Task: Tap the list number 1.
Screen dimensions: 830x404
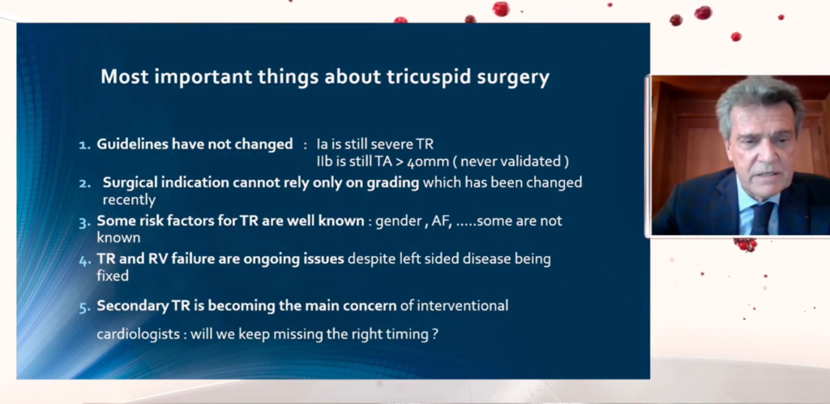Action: (84, 144)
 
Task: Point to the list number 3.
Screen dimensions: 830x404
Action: (85, 221)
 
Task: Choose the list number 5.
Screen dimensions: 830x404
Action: (85, 307)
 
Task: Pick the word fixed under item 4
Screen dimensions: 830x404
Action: (113, 275)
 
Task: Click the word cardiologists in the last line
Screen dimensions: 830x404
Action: (138, 334)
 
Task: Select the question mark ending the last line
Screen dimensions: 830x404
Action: (434, 334)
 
